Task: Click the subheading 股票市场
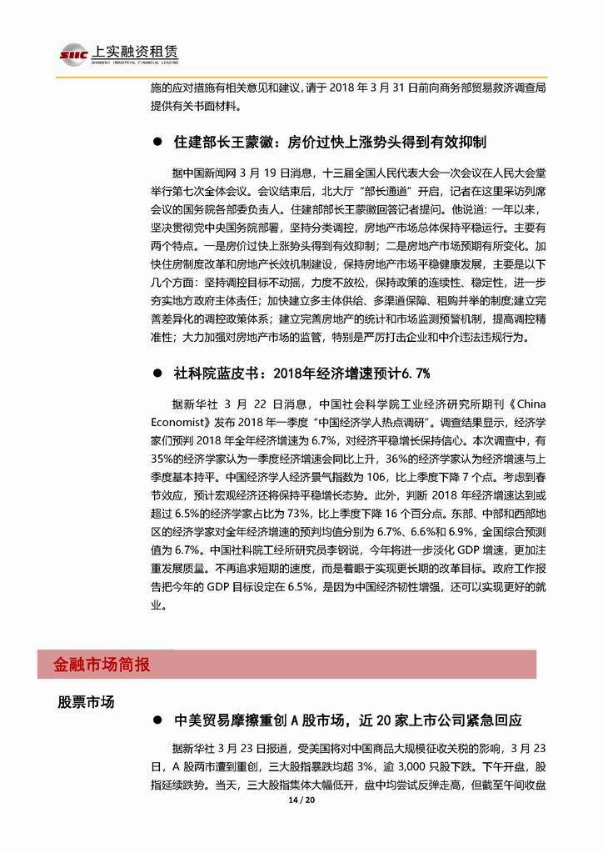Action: click(86, 701)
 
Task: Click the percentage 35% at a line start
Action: click(165, 459)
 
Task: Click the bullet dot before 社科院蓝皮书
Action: click(157, 372)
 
